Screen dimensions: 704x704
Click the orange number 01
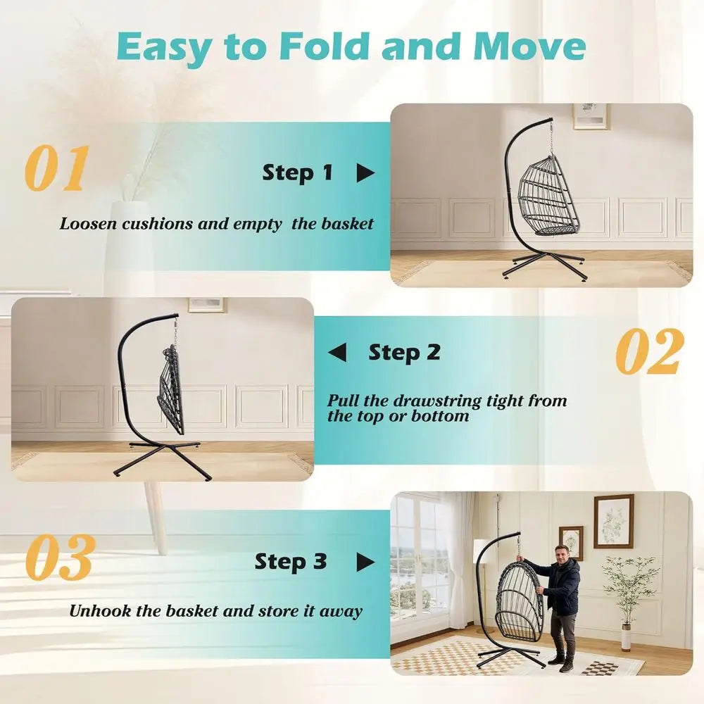(56, 168)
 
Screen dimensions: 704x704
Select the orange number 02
(650, 351)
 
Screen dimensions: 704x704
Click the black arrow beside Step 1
(365, 173)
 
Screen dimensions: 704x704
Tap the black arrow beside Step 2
(337, 352)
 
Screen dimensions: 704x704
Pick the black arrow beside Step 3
(365, 562)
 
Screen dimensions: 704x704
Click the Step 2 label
(404, 353)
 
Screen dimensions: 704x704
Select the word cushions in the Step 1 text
(157, 224)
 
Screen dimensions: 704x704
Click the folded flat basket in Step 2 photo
(171, 390)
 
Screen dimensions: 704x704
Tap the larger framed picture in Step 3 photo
(613, 521)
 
